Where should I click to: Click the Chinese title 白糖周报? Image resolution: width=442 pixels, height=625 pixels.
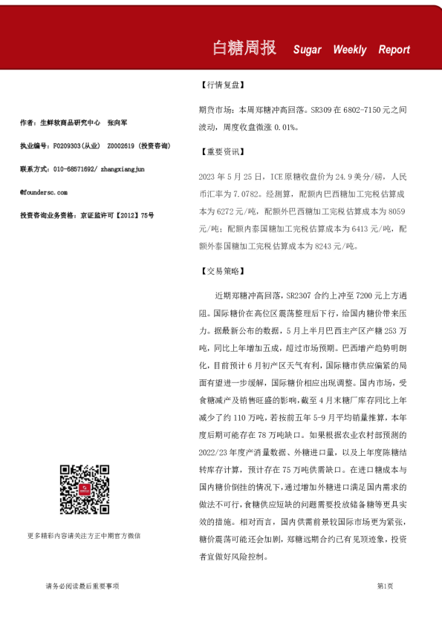[x=244, y=48]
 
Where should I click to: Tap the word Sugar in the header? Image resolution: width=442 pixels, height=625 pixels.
[x=307, y=50]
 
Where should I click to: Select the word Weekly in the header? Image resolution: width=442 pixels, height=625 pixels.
[x=349, y=50]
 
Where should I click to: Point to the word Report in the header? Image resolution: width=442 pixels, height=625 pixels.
[x=394, y=50]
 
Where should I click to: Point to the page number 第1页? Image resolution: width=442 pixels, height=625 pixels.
[x=385, y=586]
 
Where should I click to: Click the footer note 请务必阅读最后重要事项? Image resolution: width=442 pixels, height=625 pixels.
[x=82, y=586]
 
